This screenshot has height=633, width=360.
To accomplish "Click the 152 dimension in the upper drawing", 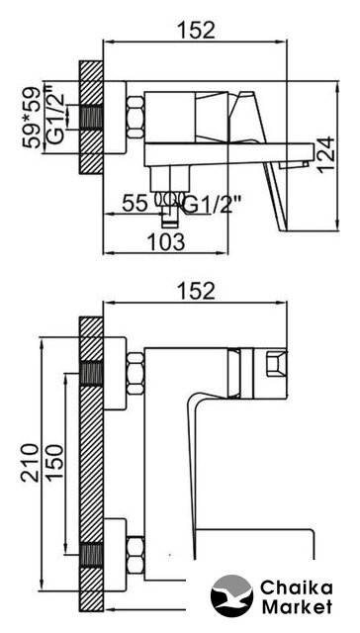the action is (196, 30).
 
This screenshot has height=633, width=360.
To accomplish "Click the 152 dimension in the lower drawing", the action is (196, 291).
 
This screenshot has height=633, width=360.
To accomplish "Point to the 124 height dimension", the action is (325, 155).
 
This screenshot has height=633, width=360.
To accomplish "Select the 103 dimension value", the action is (166, 241).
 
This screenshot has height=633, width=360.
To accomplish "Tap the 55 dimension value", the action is (135, 203).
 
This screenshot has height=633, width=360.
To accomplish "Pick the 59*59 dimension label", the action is (32, 118).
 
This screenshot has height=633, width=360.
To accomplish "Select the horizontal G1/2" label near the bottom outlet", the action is (210, 206).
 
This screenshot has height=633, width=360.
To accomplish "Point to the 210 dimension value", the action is (31, 462).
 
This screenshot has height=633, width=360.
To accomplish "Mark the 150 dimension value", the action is (54, 462).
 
